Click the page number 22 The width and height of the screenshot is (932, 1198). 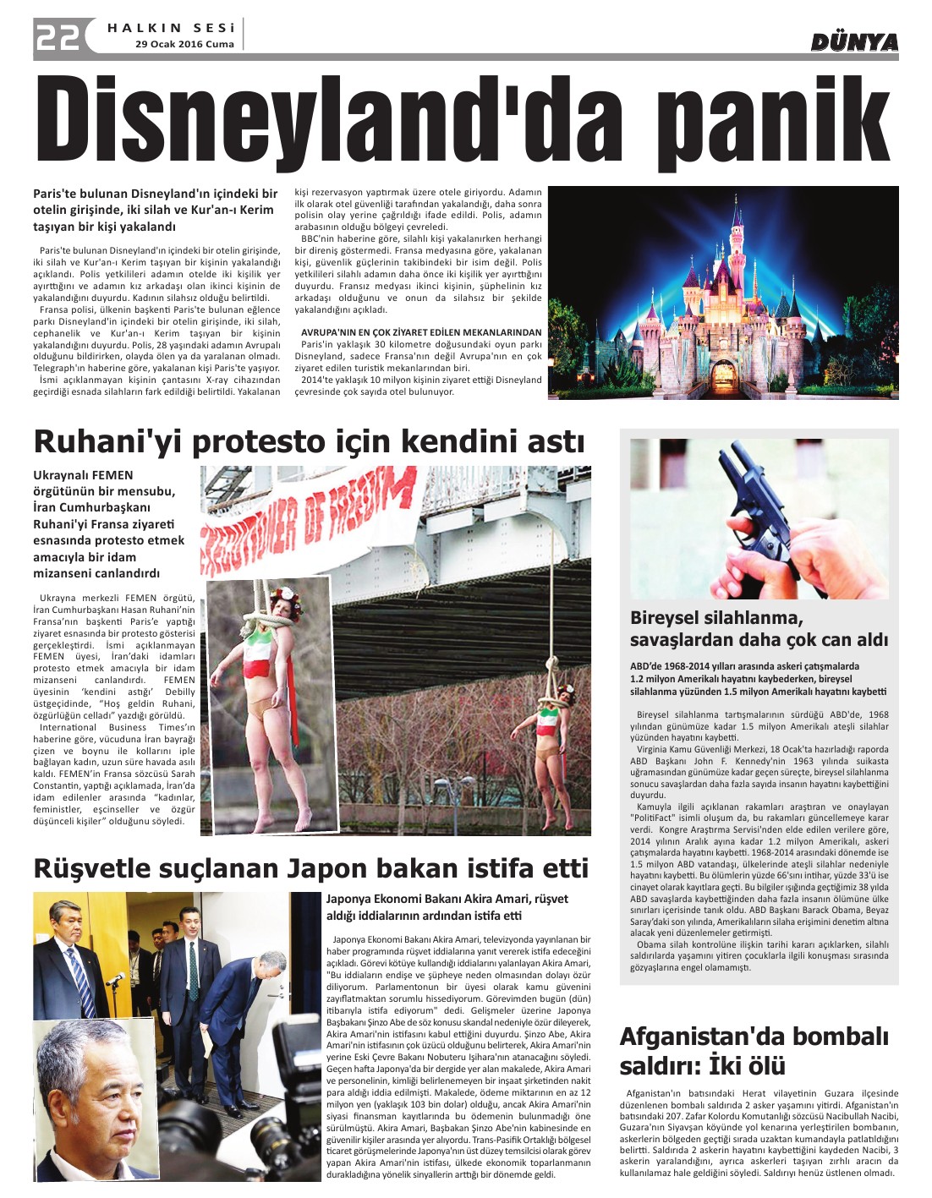point(57,37)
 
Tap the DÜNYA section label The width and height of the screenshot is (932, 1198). point(854,42)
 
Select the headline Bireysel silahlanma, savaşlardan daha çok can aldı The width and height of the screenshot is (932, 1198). point(759,628)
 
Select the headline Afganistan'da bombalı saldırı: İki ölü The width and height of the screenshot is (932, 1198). point(754,1050)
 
